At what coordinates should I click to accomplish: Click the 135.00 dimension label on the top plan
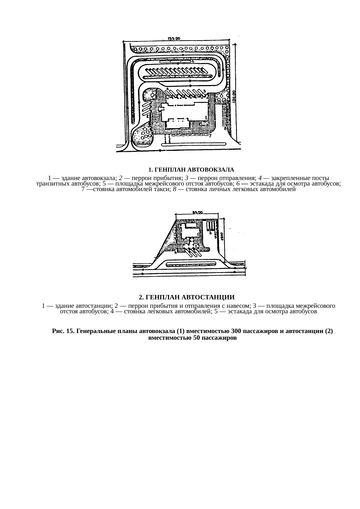(x=174, y=38)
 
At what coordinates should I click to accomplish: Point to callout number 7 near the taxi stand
(x=210, y=136)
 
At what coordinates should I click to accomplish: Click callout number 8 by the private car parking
(x=224, y=128)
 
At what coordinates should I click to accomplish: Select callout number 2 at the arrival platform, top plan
(x=147, y=116)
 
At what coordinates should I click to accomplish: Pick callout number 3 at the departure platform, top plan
(x=204, y=91)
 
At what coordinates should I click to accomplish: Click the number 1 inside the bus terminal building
(x=206, y=117)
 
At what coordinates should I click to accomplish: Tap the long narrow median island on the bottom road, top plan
(x=193, y=144)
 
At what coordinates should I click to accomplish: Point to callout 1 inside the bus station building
(x=198, y=234)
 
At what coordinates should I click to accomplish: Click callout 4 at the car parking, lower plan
(x=175, y=253)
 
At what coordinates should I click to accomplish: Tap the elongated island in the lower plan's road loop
(x=191, y=264)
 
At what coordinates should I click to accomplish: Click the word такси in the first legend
(x=142, y=190)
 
